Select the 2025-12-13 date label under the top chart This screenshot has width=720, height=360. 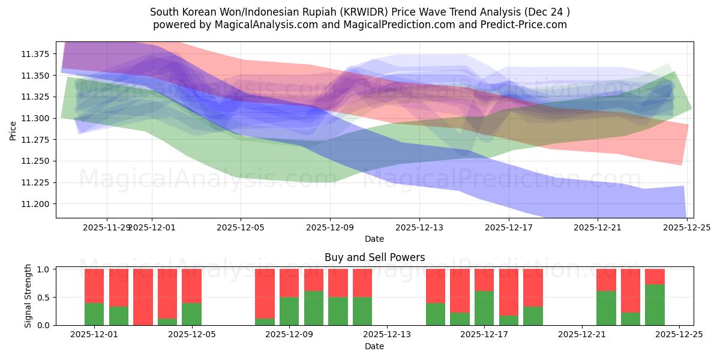click(x=419, y=227)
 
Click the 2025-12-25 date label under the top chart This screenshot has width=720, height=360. click(x=687, y=227)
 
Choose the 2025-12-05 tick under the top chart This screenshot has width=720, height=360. click(x=241, y=227)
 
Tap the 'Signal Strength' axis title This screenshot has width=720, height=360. click(x=28, y=295)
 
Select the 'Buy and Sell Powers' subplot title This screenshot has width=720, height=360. click(x=374, y=257)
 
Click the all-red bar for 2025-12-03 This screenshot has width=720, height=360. click(x=143, y=297)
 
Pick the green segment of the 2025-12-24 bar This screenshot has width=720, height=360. click(x=655, y=305)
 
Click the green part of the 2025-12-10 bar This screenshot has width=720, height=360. click(x=314, y=308)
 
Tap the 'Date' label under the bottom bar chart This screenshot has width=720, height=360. click(x=374, y=346)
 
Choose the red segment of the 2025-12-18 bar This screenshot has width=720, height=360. click(x=533, y=287)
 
